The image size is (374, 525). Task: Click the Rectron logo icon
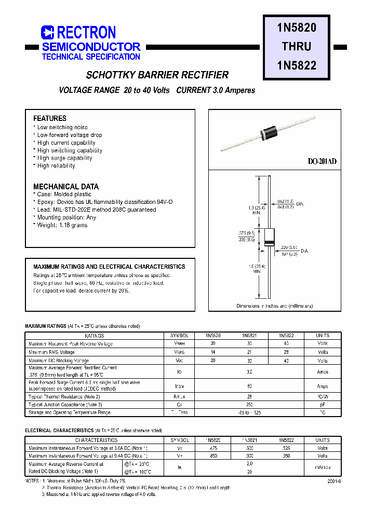[47, 32]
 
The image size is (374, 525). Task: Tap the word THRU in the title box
[297, 46]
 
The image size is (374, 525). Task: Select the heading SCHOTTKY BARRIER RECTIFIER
[157, 75]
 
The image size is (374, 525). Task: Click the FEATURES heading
[50, 118]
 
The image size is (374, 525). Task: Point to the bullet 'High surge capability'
[64, 158]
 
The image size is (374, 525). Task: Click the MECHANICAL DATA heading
[66, 186]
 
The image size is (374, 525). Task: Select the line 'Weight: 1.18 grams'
[62, 225]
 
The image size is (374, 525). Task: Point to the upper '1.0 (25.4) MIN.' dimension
[256, 210]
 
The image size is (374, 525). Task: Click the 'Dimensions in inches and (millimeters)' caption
[275, 306]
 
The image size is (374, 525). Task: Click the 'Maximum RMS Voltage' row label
[51, 352]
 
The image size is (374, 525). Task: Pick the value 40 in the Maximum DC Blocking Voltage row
[286, 361]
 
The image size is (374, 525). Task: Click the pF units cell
[322, 404]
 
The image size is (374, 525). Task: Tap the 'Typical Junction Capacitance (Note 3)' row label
[65, 404]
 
